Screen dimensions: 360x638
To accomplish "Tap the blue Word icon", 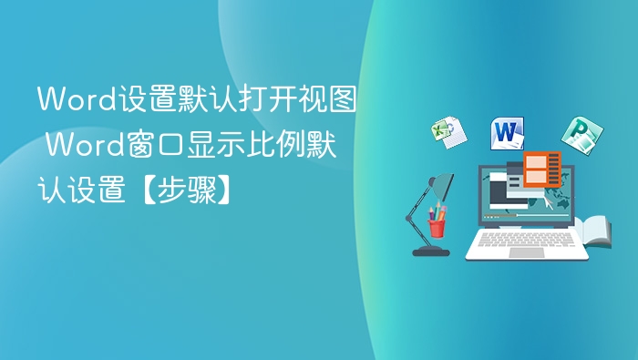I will coord(507,133).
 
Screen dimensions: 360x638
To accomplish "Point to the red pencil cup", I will coord(437,225).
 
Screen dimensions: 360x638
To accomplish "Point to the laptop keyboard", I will coord(526,240).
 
